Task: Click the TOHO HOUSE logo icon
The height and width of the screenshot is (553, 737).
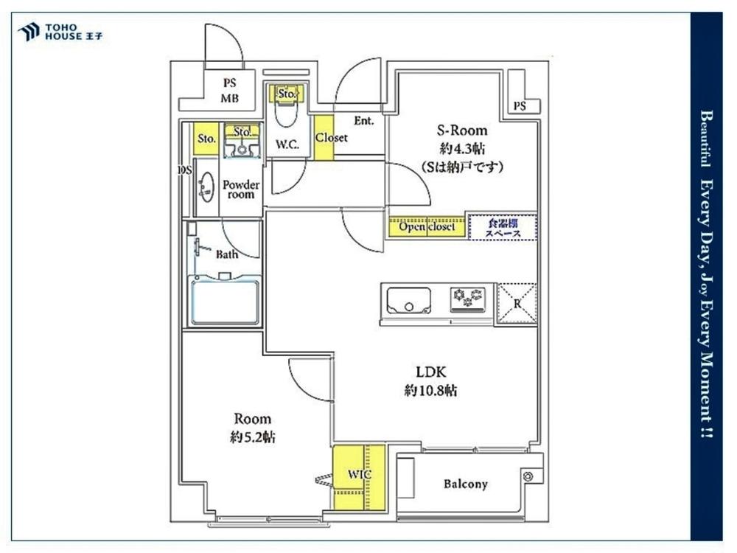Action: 28,32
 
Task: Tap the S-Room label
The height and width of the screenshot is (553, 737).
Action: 462,131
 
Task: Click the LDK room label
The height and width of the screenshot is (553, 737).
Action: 430,372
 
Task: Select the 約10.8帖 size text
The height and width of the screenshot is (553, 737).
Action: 430,390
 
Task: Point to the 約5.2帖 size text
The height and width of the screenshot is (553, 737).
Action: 252,437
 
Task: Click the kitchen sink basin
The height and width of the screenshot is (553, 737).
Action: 408,301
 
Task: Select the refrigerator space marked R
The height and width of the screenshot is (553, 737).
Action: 517,303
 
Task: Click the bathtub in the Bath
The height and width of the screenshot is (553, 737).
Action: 224,302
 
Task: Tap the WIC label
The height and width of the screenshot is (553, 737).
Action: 360,474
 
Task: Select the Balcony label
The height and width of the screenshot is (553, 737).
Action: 465,484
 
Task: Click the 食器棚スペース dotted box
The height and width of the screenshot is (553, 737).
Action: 503,228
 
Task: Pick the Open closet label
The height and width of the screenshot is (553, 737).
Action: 427,226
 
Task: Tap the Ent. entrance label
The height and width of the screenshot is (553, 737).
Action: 364,121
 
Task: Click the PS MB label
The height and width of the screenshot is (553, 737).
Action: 230,90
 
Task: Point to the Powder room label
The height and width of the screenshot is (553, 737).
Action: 241,189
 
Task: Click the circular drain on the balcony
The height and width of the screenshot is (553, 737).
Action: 528,476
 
